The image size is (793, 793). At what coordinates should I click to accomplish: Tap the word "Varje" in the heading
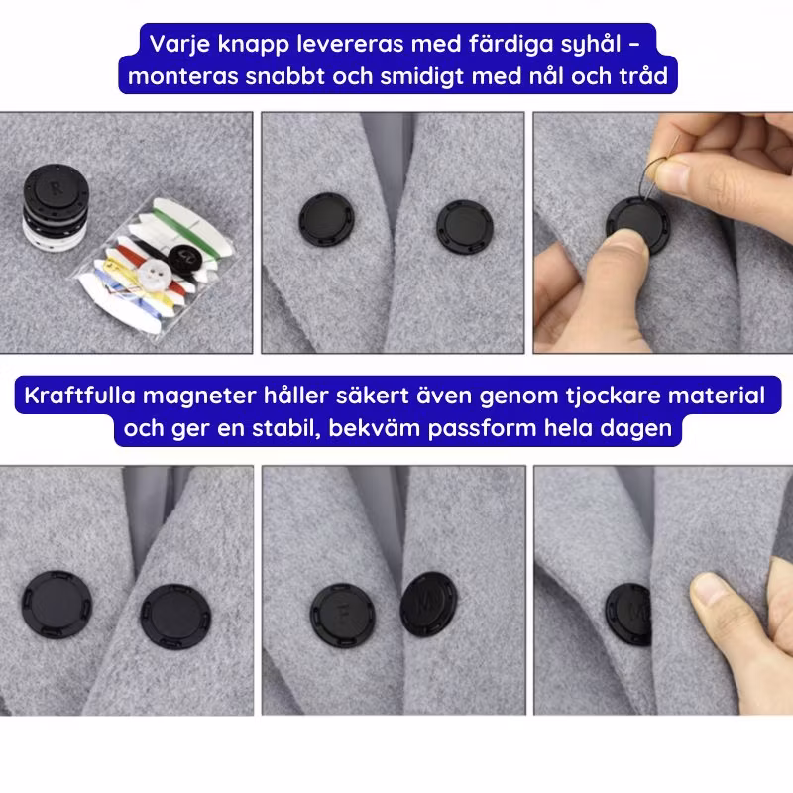point(179,45)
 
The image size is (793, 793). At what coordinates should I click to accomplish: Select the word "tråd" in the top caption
point(642,76)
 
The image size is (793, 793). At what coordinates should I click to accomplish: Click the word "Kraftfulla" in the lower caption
point(80,395)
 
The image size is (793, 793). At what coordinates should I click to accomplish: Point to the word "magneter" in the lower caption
point(199,396)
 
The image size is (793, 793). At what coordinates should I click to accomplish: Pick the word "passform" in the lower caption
point(482,429)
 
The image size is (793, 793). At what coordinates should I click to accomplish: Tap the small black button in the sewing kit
point(184,258)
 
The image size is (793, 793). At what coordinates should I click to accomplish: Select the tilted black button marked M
point(428,604)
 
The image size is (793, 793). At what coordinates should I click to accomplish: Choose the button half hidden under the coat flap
point(627,614)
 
